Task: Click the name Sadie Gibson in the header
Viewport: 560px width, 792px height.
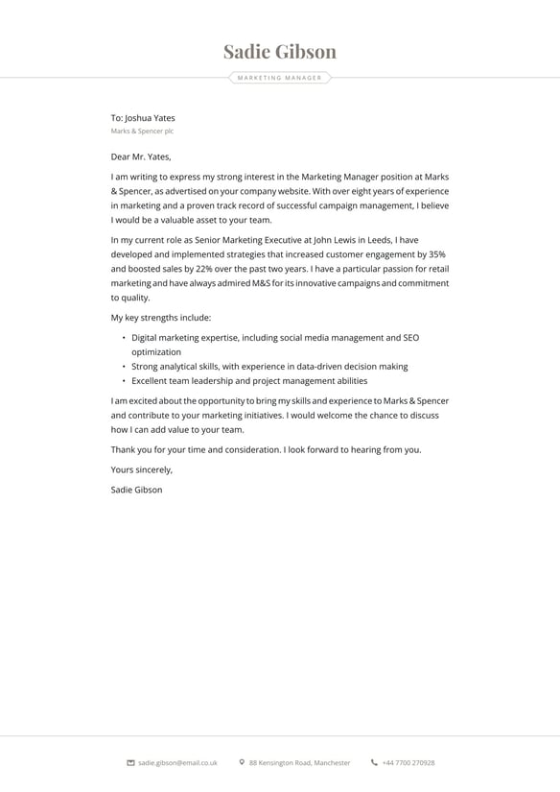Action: point(280,52)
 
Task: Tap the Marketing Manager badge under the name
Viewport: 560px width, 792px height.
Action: point(280,78)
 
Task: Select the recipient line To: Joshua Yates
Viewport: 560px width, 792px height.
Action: point(143,118)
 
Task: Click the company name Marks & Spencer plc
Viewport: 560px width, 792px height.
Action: point(142,132)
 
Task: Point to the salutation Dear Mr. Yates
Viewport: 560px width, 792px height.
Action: point(141,156)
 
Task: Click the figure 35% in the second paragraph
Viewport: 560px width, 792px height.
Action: point(437,254)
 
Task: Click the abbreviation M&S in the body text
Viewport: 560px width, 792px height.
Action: point(262,283)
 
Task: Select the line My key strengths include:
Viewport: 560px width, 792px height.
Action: point(161,318)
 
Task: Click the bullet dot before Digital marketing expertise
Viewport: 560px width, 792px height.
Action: point(124,338)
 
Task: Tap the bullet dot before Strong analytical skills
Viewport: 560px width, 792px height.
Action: point(124,367)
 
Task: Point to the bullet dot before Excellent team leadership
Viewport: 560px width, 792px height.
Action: point(124,381)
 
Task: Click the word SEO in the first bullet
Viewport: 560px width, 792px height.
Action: point(410,338)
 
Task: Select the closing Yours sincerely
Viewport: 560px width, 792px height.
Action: point(142,469)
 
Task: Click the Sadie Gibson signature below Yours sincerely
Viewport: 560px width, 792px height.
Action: point(137,490)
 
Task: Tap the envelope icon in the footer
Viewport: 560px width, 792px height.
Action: point(130,763)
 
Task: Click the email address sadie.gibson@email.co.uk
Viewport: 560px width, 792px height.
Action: point(177,763)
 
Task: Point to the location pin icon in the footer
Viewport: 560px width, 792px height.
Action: point(242,763)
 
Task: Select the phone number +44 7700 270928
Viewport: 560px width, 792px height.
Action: point(408,763)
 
